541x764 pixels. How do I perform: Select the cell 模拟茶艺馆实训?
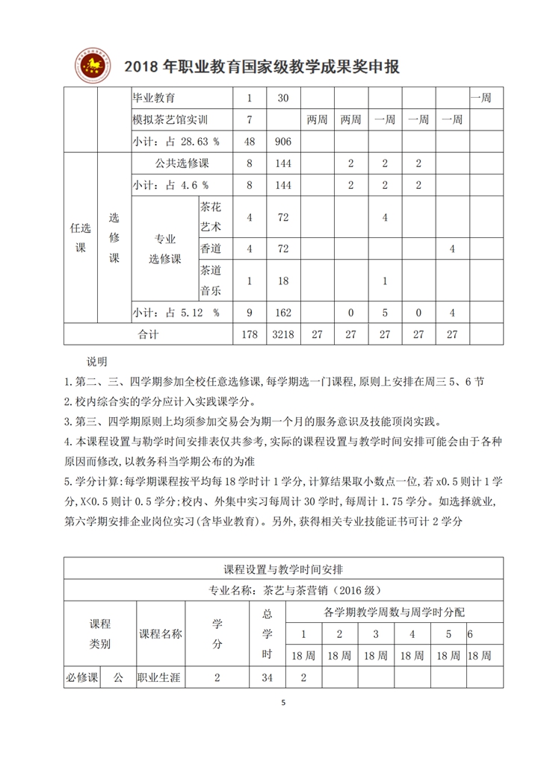[170, 119]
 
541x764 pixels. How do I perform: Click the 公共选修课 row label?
[182, 163]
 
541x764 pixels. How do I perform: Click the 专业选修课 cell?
[164, 248]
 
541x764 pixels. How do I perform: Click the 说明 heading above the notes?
[97, 362]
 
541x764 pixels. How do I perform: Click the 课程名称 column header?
[161, 633]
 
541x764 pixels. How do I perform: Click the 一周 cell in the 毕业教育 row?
[479, 98]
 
